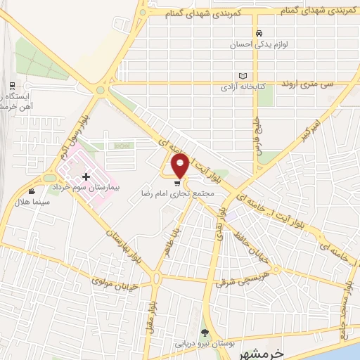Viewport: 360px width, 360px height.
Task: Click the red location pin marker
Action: click(x=181, y=166)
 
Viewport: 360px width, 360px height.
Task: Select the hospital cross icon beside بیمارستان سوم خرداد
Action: click(x=86, y=176)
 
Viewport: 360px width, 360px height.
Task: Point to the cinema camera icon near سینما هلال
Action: click(x=32, y=191)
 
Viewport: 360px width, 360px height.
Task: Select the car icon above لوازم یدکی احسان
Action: click(x=259, y=33)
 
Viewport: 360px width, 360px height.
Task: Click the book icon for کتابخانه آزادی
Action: click(x=243, y=76)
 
